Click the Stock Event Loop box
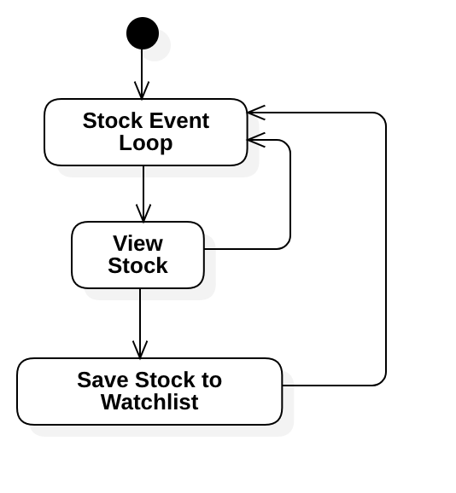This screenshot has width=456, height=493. [145, 132]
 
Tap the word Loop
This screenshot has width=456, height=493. [145, 143]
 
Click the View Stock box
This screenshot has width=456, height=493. [137, 255]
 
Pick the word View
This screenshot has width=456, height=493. [137, 244]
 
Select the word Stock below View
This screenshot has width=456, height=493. [137, 266]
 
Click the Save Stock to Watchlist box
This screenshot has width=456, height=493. [149, 391]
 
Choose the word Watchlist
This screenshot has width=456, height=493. [149, 403]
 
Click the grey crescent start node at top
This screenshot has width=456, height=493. [155, 45]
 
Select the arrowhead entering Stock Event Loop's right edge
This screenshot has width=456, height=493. [253, 139]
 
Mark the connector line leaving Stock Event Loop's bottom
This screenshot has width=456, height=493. [143, 171]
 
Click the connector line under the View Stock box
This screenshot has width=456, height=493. [140, 294]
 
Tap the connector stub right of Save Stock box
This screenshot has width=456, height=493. [289, 386]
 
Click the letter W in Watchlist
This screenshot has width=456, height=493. [110, 403]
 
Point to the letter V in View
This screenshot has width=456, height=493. [119, 244]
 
